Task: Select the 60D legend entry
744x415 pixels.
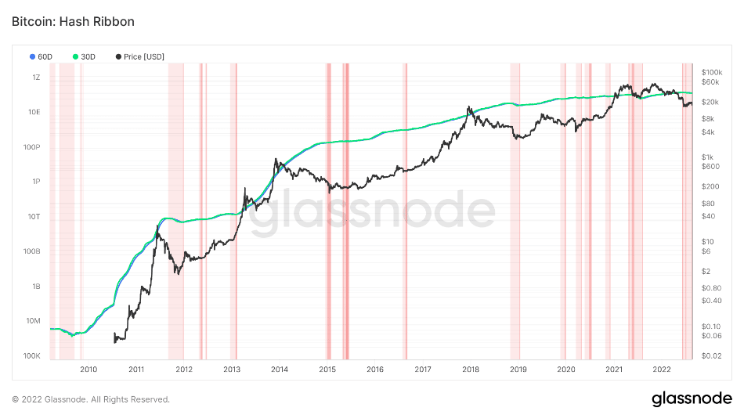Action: (45, 57)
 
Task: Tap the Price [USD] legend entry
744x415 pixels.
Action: (143, 57)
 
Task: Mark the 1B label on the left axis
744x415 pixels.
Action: (36, 287)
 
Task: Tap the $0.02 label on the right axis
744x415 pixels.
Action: (711, 356)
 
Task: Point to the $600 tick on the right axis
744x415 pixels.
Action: (710, 166)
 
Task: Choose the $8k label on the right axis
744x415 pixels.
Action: (709, 118)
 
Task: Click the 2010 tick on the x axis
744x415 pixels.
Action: (88, 370)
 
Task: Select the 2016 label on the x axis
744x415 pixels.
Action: (375, 370)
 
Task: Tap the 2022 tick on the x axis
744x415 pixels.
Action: (662, 370)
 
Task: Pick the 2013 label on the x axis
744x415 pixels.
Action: (232, 370)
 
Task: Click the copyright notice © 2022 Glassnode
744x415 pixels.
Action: (91, 399)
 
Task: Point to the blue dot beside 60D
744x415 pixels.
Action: (32, 57)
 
